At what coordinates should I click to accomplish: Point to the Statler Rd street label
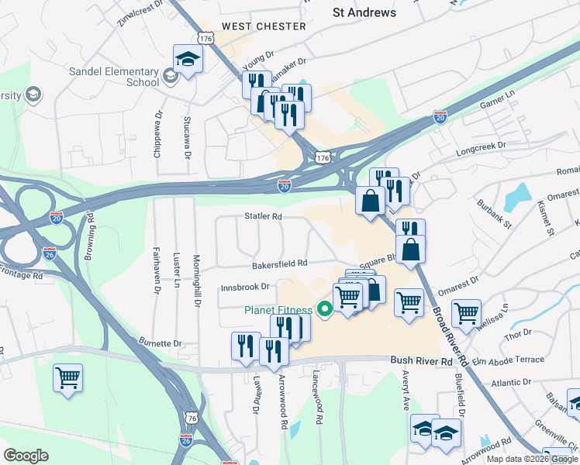262,217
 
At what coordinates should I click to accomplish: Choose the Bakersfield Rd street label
279,263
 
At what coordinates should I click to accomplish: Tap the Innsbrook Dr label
244,286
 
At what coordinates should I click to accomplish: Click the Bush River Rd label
421,361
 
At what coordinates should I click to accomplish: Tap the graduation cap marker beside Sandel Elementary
188,60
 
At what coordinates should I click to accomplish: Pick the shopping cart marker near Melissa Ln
465,313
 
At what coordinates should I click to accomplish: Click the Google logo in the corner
26,455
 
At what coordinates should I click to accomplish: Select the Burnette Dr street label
161,343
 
